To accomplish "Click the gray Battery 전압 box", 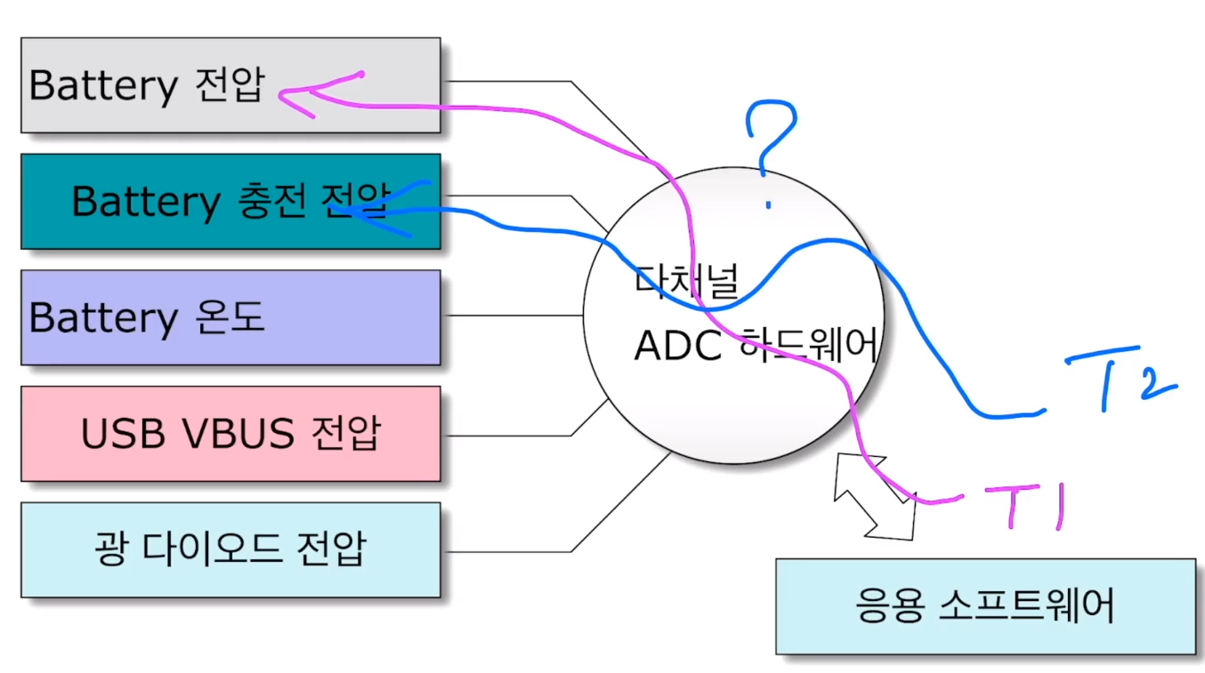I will click(230, 85).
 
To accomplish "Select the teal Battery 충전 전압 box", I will click(230, 202).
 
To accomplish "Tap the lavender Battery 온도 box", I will click(230, 317).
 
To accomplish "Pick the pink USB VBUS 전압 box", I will click(230, 434).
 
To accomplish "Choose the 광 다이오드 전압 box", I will click(230, 549).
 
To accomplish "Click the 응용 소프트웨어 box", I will click(984, 607).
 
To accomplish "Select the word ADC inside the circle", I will click(677, 346).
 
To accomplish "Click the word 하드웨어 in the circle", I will click(808, 346).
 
